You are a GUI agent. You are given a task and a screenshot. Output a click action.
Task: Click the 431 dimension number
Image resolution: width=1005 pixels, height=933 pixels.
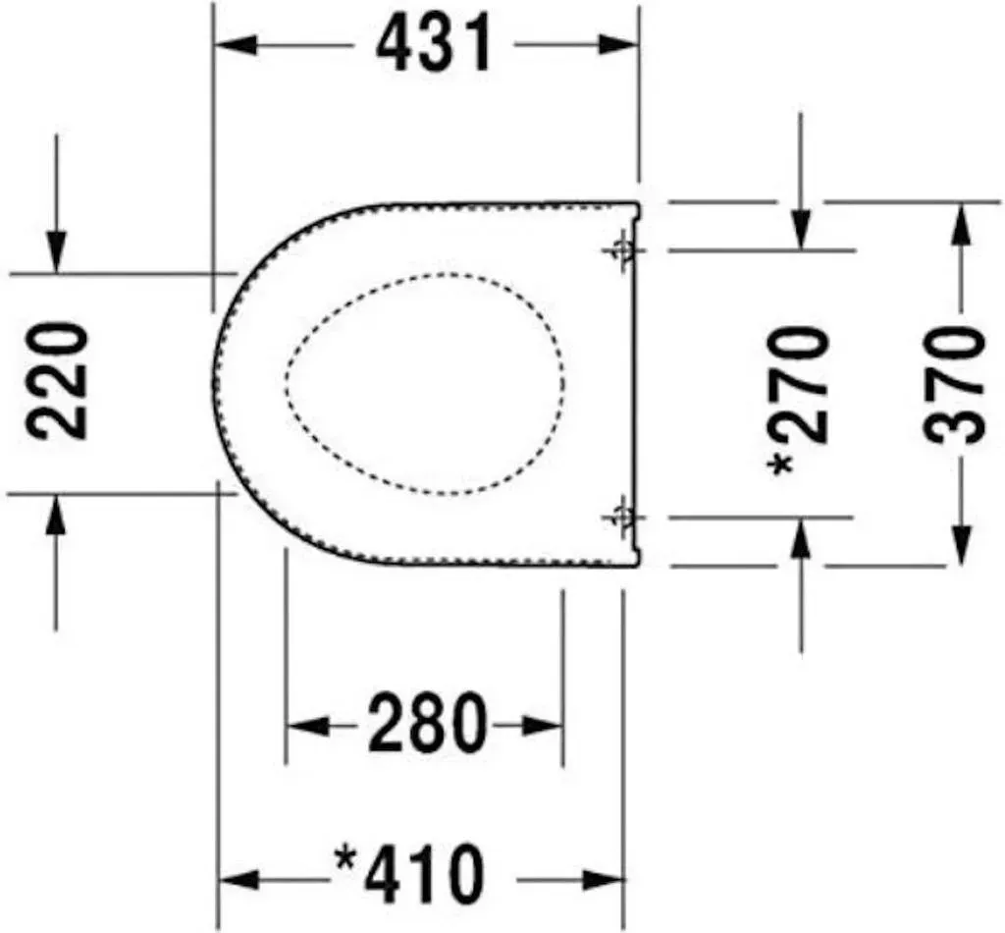434,43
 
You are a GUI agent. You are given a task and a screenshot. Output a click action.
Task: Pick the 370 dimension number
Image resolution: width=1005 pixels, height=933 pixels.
954,384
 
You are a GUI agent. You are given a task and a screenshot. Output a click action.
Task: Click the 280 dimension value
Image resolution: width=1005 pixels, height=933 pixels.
428,722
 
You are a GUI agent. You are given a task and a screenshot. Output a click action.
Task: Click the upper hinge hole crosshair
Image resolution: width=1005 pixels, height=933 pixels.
621,249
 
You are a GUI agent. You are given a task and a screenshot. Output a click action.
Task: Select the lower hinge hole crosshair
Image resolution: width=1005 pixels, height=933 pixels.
621,516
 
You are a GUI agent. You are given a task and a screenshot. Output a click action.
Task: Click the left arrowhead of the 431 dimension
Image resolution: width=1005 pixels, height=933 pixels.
236,45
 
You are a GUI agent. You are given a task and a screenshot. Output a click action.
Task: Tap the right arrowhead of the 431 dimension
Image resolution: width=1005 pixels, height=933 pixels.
618,45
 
